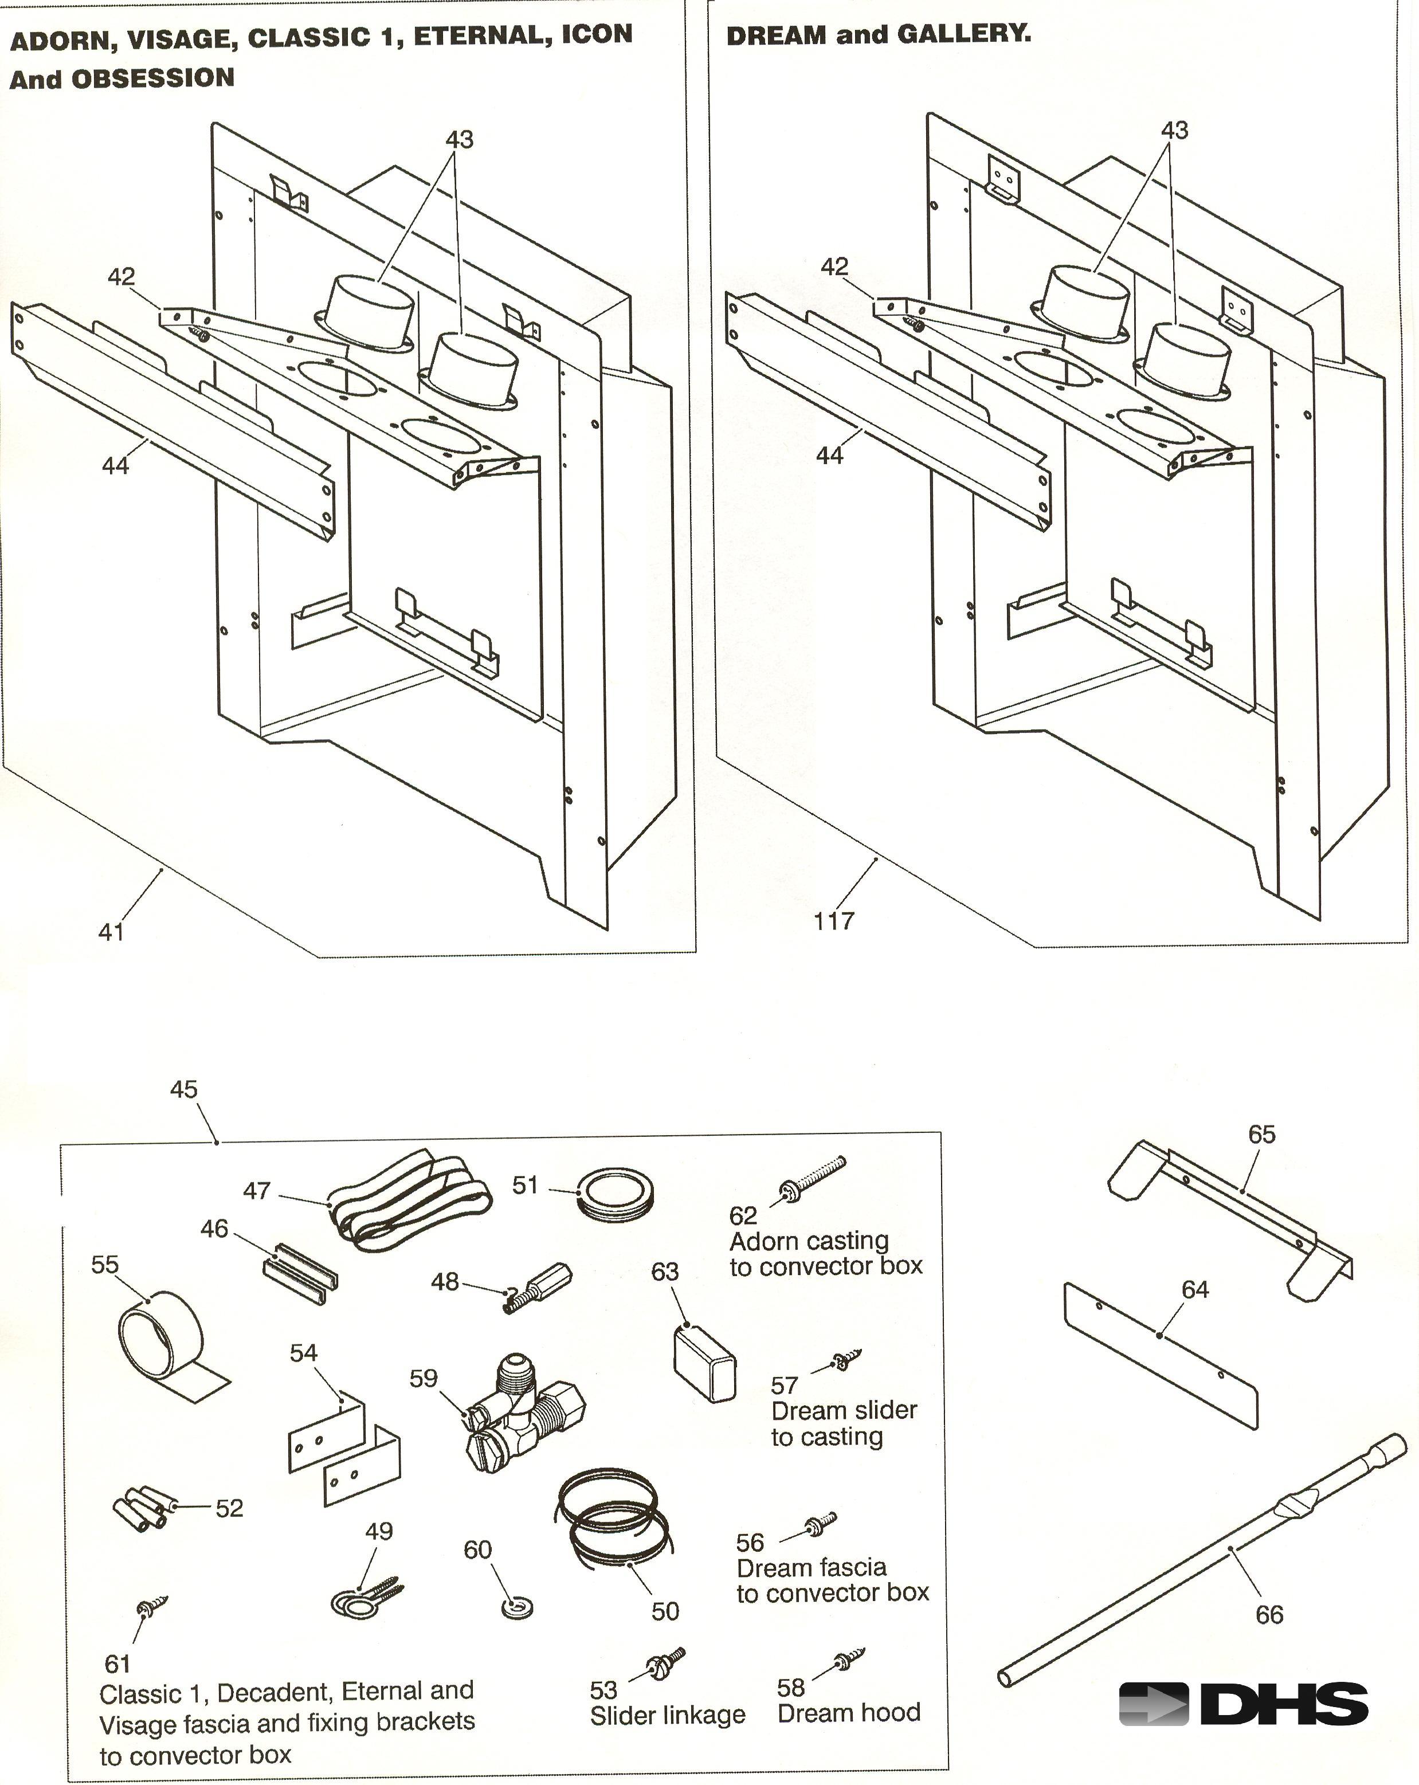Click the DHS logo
[1242, 1704]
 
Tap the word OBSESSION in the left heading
[153, 79]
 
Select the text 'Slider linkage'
[667, 1715]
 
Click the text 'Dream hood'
[849, 1712]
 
